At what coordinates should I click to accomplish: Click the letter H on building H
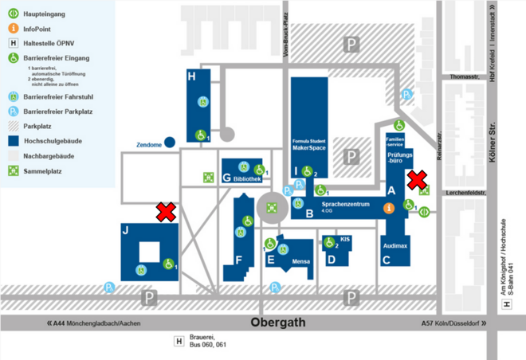191,77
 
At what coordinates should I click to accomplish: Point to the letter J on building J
125,230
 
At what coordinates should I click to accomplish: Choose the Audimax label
396,245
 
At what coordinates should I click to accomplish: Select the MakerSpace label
310,147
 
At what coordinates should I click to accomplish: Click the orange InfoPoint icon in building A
388,208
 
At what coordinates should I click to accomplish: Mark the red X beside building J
166,211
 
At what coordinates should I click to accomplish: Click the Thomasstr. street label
464,77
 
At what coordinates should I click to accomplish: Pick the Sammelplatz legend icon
14,170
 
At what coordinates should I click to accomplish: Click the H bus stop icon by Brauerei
179,342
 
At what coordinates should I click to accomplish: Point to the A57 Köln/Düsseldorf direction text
449,323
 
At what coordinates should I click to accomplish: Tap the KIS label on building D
344,238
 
